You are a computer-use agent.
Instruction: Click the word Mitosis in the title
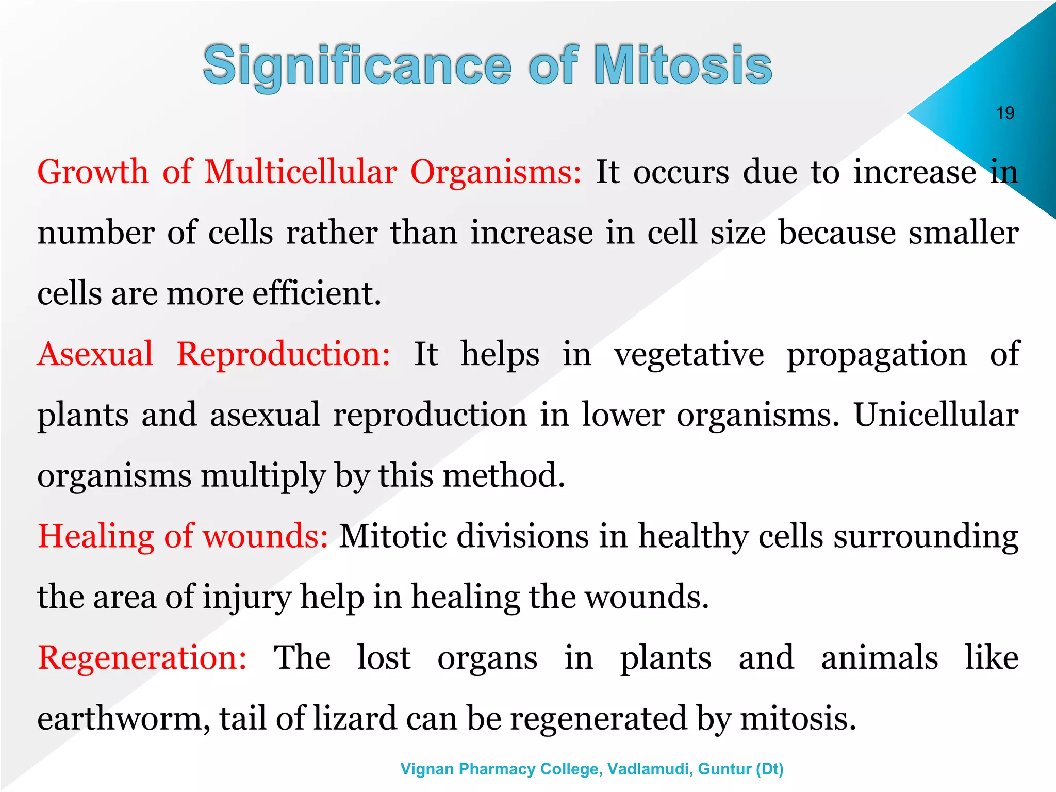click(683, 65)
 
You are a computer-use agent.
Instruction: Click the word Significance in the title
click(357, 65)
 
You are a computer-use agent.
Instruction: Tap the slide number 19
click(1005, 113)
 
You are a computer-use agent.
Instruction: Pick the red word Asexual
click(95, 354)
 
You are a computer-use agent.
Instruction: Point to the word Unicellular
click(936, 415)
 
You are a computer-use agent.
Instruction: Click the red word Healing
click(96, 537)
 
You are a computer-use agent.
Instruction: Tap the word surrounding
click(926, 537)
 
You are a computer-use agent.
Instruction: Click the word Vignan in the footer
click(427, 769)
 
